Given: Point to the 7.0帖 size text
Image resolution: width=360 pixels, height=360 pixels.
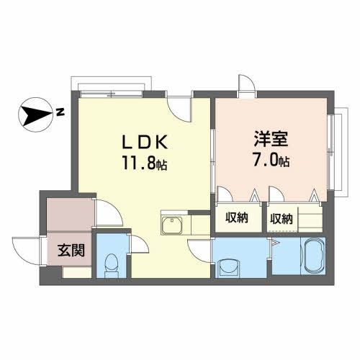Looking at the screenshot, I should coord(271,160).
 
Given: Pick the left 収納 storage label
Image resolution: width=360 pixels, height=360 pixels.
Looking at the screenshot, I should coord(237,218).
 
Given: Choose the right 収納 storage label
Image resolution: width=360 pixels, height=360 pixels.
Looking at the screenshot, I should coord(282,218).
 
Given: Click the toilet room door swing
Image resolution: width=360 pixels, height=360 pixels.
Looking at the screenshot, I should coord(109,213).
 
